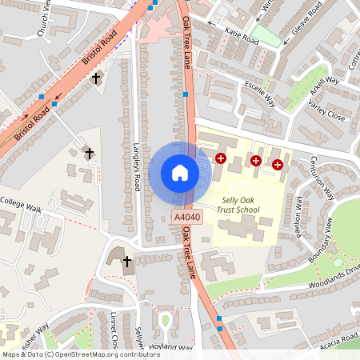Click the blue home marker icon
tap(180, 173)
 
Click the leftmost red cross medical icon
tap(220, 159)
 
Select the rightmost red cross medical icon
tap(278, 165)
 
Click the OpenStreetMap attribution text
tap(81, 354)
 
